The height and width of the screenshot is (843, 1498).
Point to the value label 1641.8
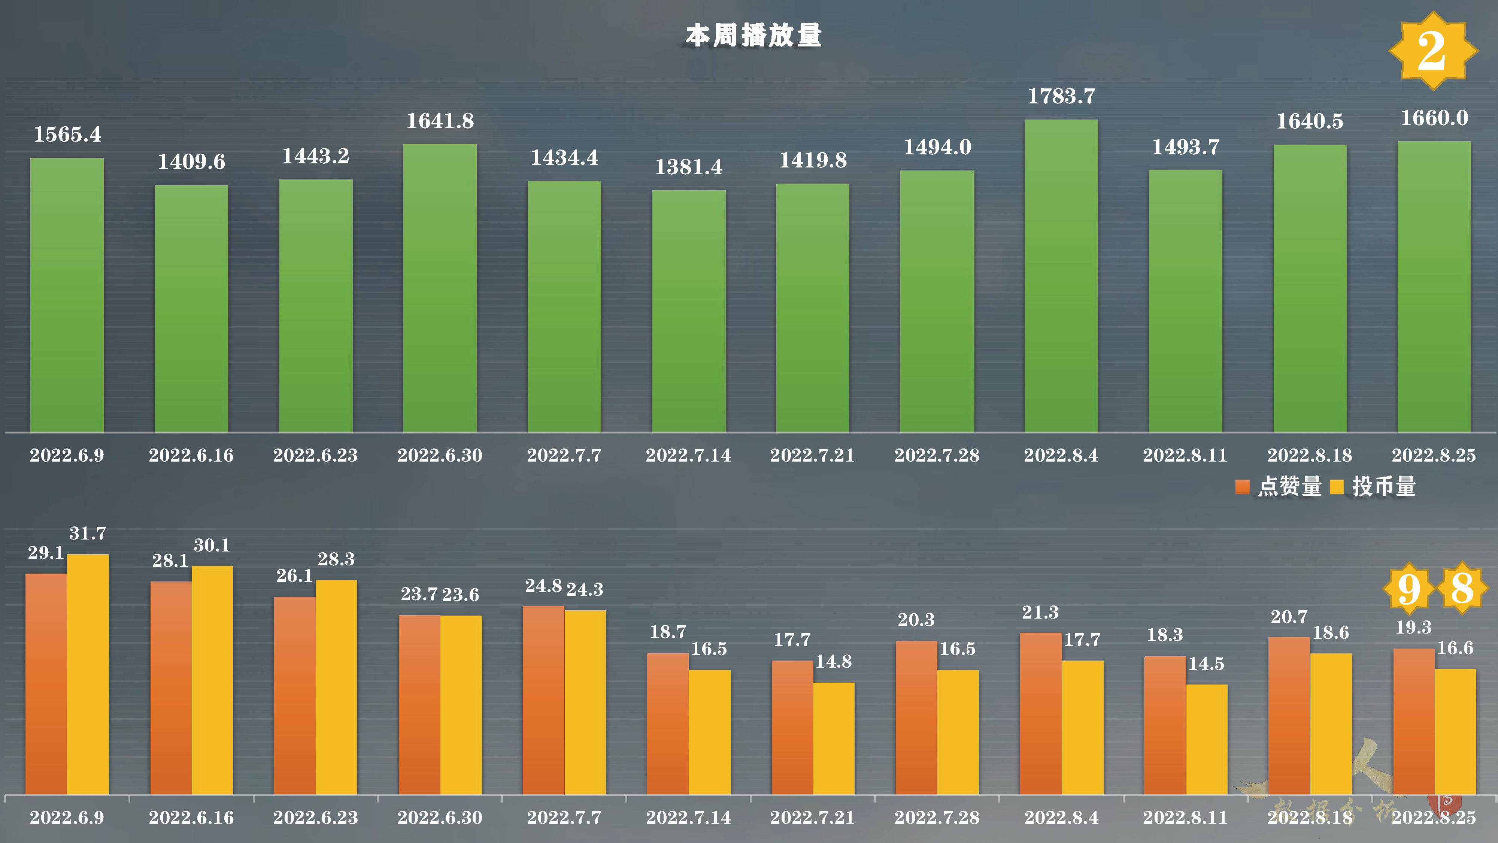440,121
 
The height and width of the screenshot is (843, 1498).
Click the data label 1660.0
1434,118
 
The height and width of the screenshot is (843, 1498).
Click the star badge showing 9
1408,589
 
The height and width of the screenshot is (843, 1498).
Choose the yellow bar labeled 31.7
88,675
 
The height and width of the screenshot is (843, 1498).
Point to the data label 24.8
543,586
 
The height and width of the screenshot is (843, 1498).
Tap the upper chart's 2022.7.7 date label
564,455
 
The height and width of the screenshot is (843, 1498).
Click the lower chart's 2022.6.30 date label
440,818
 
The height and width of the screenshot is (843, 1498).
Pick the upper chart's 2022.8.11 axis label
1185,455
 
